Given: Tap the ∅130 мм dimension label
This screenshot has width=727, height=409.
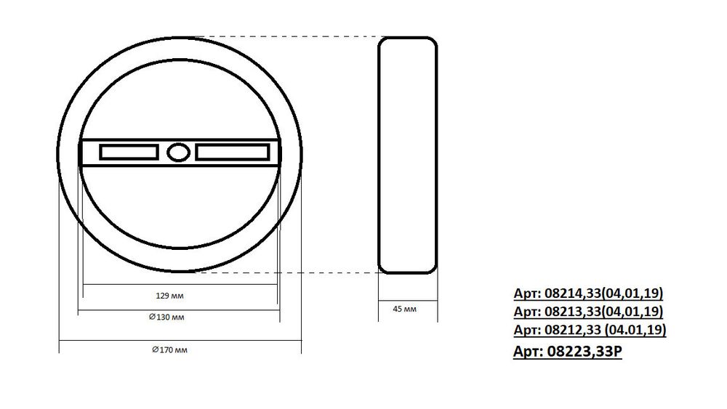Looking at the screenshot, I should click(166, 317).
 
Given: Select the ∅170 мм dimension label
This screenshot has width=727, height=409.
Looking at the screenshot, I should click(169, 350).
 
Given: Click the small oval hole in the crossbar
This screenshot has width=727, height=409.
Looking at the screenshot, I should click(178, 153).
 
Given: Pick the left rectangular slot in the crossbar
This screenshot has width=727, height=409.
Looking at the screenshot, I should click(129, 153).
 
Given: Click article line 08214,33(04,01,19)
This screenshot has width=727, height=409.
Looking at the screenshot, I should click(588, 293).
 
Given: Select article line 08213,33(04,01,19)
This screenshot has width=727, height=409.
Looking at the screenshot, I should click(588, 312).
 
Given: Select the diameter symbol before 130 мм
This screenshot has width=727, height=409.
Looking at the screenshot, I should click(152, 317).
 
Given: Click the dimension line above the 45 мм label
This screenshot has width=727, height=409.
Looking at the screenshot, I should click(408, 297).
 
